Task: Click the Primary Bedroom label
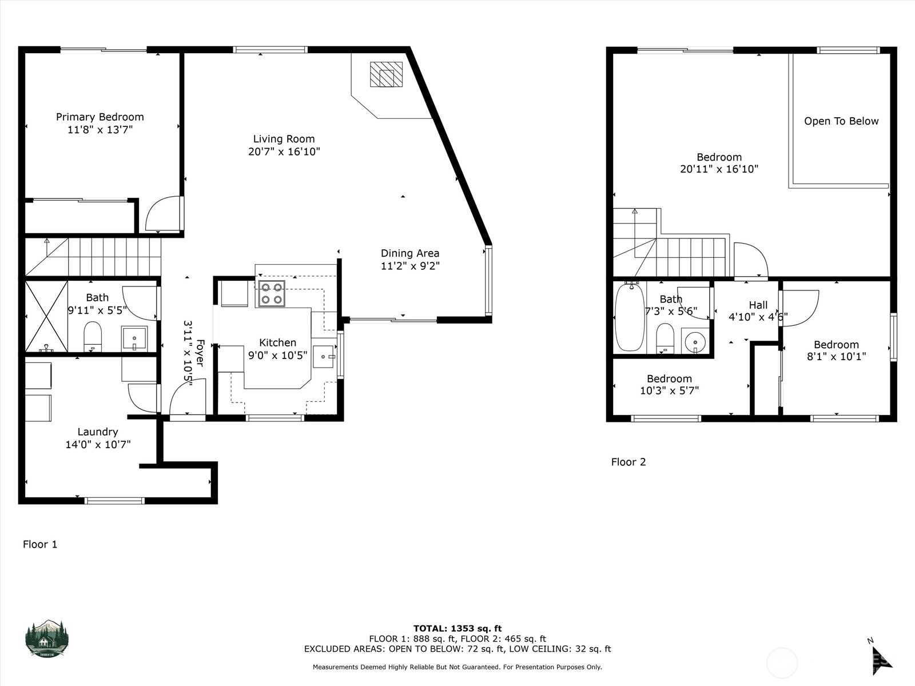click(x=100, y=117)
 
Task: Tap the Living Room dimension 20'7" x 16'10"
click(x=284, y=151)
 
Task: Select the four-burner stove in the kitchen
click(x=272, y=294)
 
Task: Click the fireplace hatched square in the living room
click(x=386, y=74)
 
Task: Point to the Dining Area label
click(x=410, y=253)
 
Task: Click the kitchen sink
click(x=324, y=357)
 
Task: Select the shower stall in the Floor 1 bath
click(x=47, y=316)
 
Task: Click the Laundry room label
click(x=98, y=432)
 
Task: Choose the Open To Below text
click(x=841, y=121)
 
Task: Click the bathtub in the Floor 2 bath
click(x=630, y=317)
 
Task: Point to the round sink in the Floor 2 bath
click(x=695, y=342)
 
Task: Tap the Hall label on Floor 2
click(x=758, y=305)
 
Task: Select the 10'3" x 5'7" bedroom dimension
click(x=670, y=390)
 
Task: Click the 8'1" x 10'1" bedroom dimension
click(x=836, y=357)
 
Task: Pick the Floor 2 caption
click(x=628, y=462)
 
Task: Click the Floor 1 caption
click(x=40, y=544)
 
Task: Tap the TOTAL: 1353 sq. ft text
click(x=457, y=628)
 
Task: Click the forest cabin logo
click(x=47, y=639)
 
